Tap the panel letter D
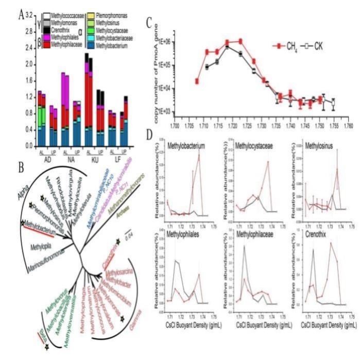[x=150, y=135]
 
